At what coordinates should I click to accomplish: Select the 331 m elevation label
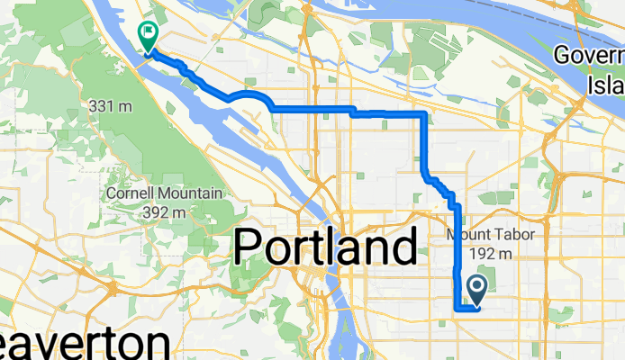coord(111,106)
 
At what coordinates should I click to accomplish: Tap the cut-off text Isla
coord(613,85)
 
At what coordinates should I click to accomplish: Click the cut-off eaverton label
coord(86,345)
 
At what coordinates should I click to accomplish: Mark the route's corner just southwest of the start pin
coord(456,309)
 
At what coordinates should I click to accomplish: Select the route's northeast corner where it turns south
coord(424,114)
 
